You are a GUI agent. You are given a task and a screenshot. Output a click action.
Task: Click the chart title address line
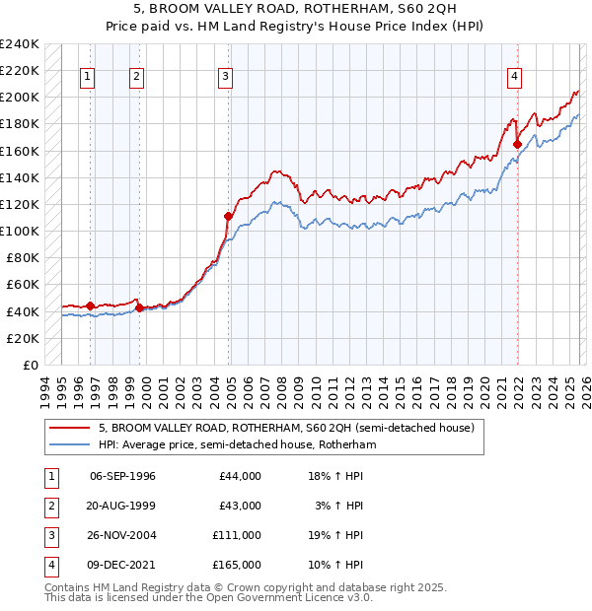point(296,9)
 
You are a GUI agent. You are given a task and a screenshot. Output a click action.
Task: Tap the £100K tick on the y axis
point(20,231)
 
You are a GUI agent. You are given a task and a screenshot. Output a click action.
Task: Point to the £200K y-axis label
point(20,97)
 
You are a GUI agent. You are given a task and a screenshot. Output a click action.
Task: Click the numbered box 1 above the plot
point(89,76)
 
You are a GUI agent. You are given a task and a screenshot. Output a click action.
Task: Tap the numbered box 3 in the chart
point(226,76)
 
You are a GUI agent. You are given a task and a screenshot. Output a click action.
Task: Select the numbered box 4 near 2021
point(515,76)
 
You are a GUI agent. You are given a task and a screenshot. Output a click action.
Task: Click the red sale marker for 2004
point(228,216)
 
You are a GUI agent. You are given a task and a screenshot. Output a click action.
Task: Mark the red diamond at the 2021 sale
point(517,144)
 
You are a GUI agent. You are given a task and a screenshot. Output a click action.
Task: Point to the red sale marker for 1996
point(90,305)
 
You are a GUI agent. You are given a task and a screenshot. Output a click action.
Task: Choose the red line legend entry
point(286,428)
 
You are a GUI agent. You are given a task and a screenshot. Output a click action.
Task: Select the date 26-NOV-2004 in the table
point(122,535)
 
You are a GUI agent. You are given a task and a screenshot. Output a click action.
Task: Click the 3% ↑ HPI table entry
point(339,506)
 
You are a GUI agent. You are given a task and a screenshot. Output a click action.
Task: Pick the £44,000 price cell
point(240,476)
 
